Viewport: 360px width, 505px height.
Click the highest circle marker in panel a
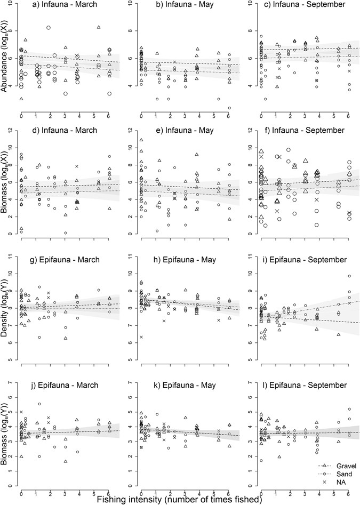point(49,27)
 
